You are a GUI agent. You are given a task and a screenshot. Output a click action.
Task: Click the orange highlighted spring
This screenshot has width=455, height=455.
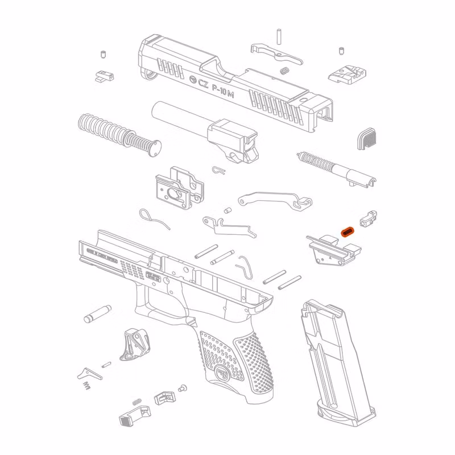348,231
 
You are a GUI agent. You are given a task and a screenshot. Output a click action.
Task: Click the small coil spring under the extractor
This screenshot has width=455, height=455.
286,70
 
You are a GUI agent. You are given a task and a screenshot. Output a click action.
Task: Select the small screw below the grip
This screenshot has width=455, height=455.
183,390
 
